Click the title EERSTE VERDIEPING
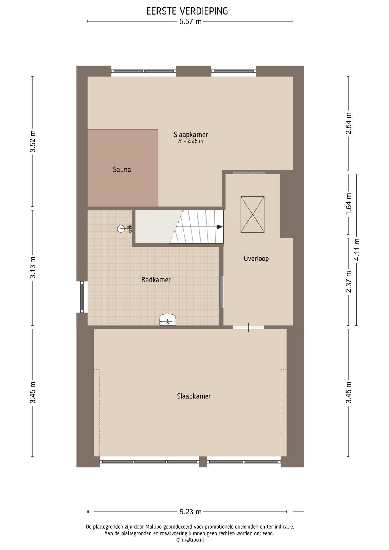[x=187, y=11]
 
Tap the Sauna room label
[x=122, y=169]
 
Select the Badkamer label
[x=156, y=280]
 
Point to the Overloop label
[x=256, y=258]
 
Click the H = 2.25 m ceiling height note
[x=191, y=141]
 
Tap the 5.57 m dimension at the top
[x=190, y=21]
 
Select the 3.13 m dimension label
[x=33, y=268]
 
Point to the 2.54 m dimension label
[x=348, y=123]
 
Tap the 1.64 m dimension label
[x=348, y=203]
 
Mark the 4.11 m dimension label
[x=357, y=250]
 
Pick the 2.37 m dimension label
[x=348, y=282]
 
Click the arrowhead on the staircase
[x=220, y=227]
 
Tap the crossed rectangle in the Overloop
[x=252, y=214]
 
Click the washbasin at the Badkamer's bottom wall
[x=168, y=320]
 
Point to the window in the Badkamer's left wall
[x=82, y=297]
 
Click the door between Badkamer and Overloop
[x=221, y=292]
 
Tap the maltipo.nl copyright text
[x=190, y=540]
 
